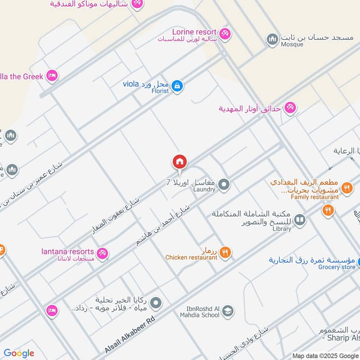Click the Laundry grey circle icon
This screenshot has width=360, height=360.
coord(224,184)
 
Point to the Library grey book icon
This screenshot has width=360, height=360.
coord(300,220)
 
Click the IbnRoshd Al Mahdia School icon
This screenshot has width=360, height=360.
coord(228,311)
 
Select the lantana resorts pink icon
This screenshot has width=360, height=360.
coord(103,253)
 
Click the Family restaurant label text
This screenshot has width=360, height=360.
coord(315,197)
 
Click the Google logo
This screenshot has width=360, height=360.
coord(19,353)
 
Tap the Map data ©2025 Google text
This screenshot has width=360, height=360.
coord(326,355)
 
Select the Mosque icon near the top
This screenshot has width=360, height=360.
coord(272,40)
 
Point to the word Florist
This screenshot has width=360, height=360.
coord(159,91)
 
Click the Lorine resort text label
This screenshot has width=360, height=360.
coord(194,32)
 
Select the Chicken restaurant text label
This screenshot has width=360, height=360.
coord(191,257)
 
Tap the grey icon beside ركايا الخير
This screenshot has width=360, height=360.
coord(156,303)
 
